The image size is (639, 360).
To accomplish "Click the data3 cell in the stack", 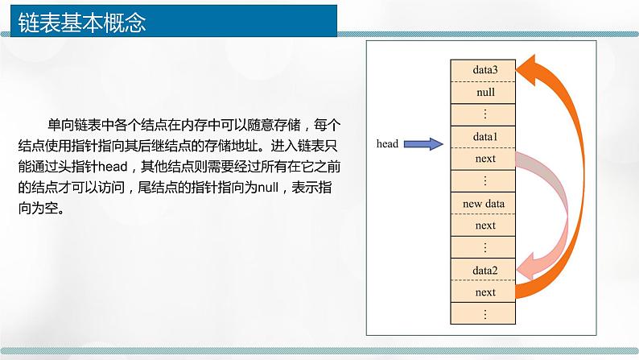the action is [483, 71].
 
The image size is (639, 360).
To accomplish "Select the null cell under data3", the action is [483, 93].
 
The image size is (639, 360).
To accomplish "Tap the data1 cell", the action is [483, 137].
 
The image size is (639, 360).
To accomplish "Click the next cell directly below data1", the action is [483, 159].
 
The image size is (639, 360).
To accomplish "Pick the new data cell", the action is [483, 204].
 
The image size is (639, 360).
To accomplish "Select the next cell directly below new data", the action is [483, 226].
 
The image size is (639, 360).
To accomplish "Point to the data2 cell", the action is [483, 270].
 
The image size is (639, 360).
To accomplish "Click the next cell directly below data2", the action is [483, 292].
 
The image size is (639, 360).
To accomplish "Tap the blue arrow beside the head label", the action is [423, 144].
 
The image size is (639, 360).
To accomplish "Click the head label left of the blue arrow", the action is [387, 144].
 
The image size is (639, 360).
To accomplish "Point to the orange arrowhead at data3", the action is [526, 69].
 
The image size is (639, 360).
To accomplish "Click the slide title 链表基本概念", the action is [82, 22].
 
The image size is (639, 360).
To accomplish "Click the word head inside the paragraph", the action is [113, 167].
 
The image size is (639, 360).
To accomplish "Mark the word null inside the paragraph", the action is [268, 188].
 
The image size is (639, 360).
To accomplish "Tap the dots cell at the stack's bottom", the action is [483, 313].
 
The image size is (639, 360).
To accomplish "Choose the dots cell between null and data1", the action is [483, 114].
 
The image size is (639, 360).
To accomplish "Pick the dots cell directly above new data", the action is [483, 181].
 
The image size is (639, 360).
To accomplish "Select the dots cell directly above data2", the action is [483, 247].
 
